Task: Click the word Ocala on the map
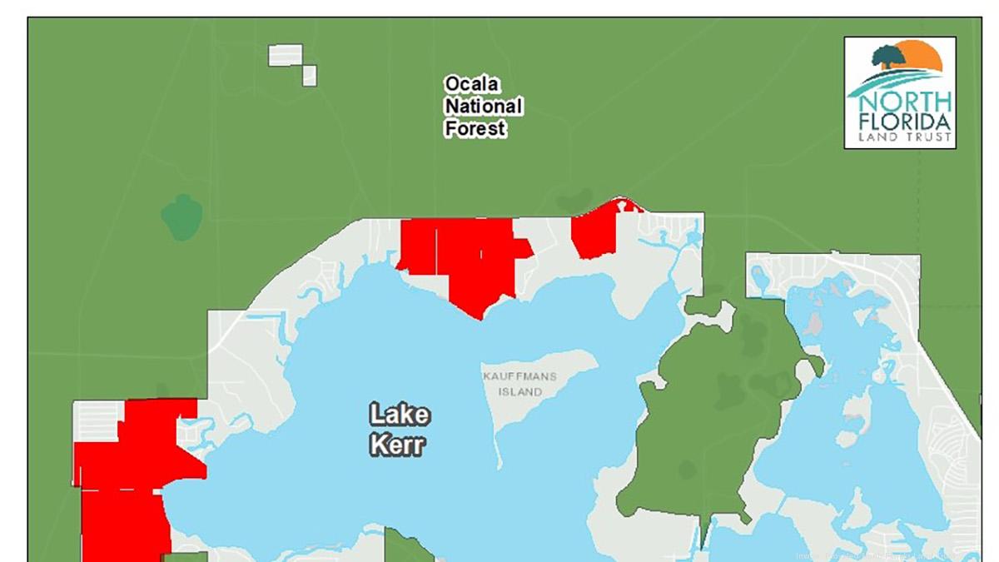click(471, 84)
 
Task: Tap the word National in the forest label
click(483, 107)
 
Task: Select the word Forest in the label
click(475, 129)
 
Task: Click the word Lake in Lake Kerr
click(400, 414)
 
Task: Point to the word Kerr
click(397, 444)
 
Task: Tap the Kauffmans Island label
click(519, 384)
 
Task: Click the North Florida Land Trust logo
click(899, 92)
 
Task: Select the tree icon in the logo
click(888, 57)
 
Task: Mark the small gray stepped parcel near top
click(291, 61)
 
